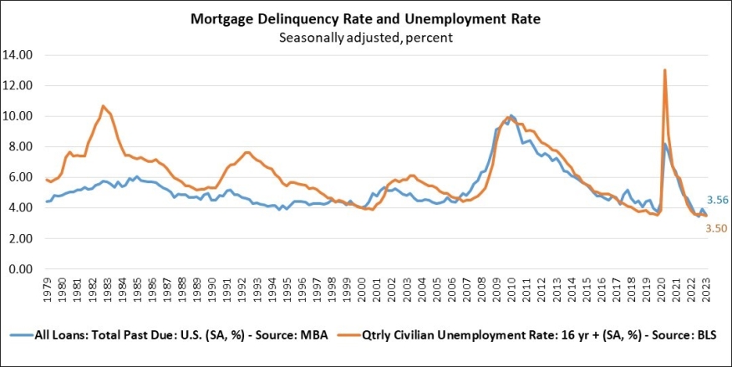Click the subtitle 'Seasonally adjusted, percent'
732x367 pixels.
366,37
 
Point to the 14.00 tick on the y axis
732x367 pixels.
18,55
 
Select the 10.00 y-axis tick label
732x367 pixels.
18,116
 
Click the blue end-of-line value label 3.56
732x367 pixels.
717,201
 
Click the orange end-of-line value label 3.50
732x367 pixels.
717,227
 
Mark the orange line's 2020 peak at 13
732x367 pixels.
664,70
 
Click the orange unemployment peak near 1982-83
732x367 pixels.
102,106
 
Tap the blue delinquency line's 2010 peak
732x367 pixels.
511,115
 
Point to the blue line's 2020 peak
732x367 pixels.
665,144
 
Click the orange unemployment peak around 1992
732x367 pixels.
246,152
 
